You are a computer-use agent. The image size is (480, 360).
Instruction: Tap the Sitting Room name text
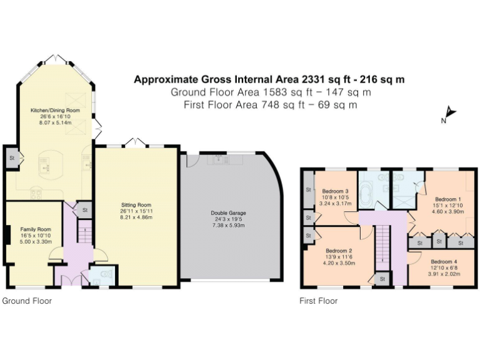tap(136, 205)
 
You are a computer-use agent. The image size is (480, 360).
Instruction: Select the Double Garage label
tap(228, 213)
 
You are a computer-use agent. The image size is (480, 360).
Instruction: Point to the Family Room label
tap(31, 229)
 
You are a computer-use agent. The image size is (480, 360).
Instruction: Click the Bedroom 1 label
tap(447, 199)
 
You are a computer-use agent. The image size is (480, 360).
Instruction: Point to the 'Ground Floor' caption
tap(27, 301)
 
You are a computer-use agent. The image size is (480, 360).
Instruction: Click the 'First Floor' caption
tap(319, 301)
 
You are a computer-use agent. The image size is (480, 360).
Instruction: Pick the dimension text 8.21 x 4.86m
tap(136, 218)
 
